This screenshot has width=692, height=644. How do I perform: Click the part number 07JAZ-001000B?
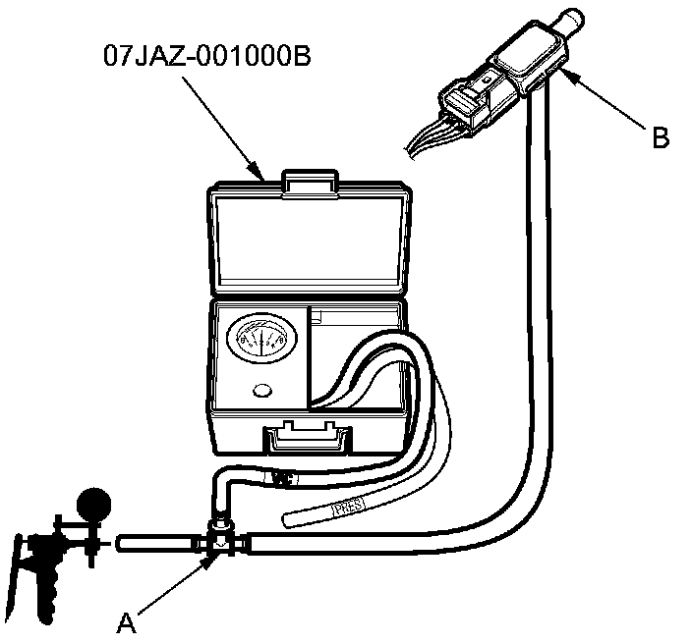207,55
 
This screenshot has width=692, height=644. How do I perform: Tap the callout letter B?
661,136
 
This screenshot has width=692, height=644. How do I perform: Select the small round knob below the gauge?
260,391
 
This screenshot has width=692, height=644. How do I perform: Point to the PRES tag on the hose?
348,508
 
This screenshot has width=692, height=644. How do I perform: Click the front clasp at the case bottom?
308,435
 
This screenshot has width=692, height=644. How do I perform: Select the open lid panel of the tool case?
309,241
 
